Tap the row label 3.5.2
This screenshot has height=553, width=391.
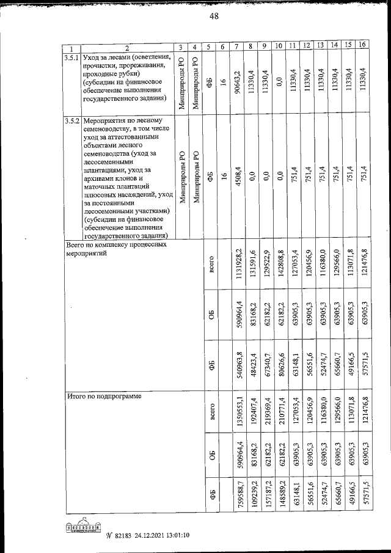click(72, 120)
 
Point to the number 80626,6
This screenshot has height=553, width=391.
click(279, 370)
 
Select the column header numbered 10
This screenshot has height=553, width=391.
click(279, 46)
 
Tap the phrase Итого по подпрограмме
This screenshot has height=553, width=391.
click(104, 397)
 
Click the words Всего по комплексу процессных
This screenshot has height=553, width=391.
click(116, 244)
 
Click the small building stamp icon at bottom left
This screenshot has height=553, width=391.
click(84, 527)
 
